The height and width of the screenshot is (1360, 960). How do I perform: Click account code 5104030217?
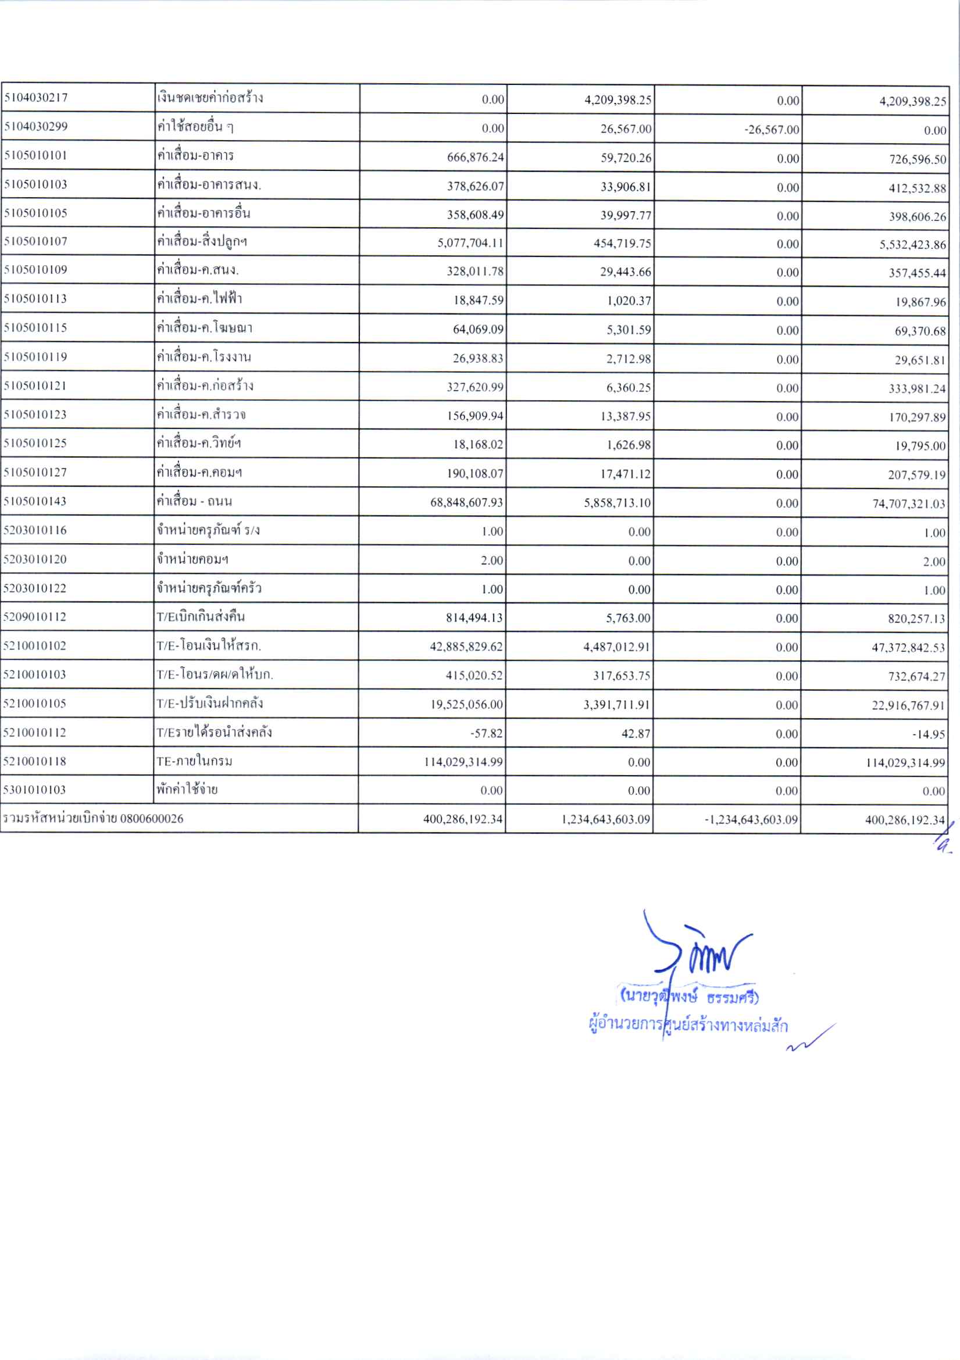[36, 98]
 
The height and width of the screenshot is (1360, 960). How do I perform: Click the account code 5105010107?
[36, 242]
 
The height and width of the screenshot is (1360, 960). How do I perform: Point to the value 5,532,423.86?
[912, 245]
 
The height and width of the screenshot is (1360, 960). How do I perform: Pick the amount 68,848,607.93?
[467, 503]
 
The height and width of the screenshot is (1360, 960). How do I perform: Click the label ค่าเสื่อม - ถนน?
[194, 502]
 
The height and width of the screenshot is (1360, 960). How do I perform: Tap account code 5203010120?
[35, 559]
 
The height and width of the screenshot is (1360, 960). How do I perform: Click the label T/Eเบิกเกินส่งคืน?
[200, 616]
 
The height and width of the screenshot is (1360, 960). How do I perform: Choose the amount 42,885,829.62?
[466, 647]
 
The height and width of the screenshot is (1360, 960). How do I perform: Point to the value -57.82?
[486, 734]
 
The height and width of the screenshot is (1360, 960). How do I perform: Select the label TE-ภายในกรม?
[194, 761]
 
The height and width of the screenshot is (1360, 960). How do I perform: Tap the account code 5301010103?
[35, 790]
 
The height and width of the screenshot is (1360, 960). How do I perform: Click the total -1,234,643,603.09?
[751, 820]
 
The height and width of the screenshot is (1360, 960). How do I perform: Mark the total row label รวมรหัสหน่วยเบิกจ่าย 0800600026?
[94, 819]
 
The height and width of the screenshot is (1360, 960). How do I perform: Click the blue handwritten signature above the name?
[699, 950]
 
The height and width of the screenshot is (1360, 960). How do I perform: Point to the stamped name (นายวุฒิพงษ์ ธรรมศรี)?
[689, 998]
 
